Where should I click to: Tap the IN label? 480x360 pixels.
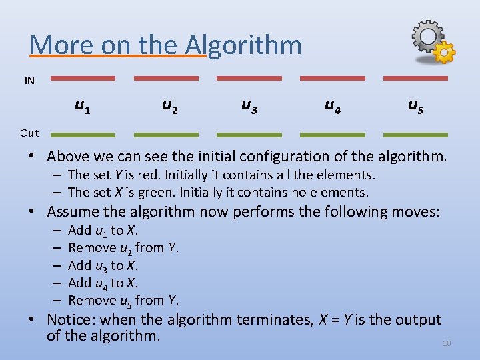(x=29, y=81)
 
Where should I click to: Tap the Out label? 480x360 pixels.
(x=29, y=133)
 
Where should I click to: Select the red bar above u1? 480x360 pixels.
(x=83, y=78)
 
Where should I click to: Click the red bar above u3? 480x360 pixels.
(x=249, y=78)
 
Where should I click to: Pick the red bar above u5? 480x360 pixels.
(x=415, y=78)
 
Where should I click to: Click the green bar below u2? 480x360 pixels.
(x=166, y=135)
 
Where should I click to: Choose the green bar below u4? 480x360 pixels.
(x=332, y=135)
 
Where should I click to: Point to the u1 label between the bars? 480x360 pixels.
(x=83, y=105)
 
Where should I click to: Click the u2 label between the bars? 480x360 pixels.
(x=170, y=105)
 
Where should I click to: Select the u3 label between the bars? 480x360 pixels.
(x=250, y=105)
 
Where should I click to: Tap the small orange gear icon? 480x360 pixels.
(x=445, y=52)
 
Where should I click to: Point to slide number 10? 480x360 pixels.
(x=447, y=343)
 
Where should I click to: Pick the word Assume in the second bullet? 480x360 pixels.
(x=73, y=212)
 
